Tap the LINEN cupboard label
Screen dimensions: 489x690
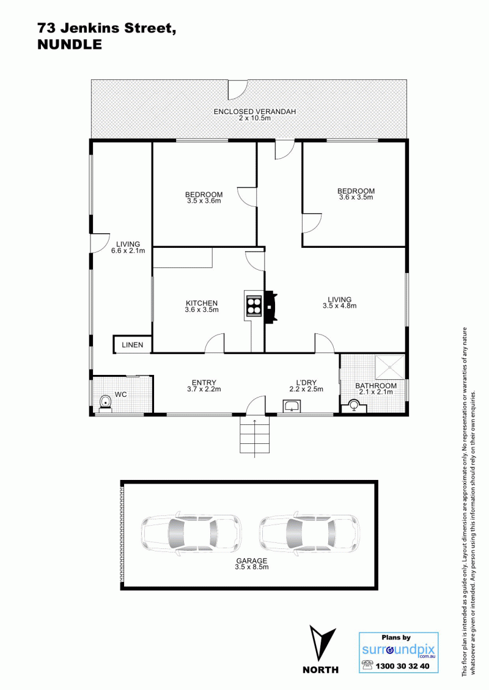[x=133, y=345]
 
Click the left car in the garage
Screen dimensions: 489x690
[x=191, y=533]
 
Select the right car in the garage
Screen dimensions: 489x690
[x=309, y=533]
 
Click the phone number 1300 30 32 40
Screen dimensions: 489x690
[x=402, y=666]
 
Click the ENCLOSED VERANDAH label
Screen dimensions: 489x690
[x=255, y=111]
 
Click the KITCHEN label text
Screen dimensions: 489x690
[x=202, y=303]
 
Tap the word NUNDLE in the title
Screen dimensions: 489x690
[x=70, y=45]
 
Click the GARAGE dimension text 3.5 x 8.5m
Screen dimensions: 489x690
[x=252, y=567]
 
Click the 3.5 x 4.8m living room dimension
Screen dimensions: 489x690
[x=340, y=306]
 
